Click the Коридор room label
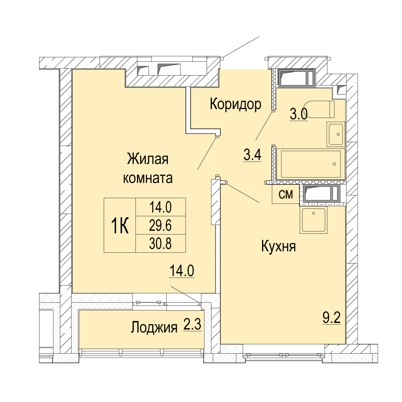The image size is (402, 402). point(235,105)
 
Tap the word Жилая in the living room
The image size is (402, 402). point(148,159)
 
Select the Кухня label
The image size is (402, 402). point(278,247)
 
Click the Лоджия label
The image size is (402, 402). point(154,328)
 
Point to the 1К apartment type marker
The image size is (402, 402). point(119,225)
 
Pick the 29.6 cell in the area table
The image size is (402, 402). point(160,225)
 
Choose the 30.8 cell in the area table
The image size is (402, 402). point(160,243)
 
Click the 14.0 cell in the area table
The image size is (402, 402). point(160,207)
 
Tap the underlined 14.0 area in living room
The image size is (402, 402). point(182,271)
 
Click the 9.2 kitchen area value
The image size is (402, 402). point(332,318)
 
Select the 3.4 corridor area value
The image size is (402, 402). point(252,155)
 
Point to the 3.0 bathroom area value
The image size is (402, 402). point(299,114)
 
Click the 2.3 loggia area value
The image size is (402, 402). point(192,326)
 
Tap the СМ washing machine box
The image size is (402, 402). point(285,194)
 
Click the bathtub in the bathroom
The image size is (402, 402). point(311,164)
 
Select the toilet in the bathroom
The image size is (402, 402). point(319,109)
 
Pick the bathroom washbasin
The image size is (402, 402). point(336,134)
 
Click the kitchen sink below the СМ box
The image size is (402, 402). point(313,220)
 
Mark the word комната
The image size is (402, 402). point(148,178)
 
